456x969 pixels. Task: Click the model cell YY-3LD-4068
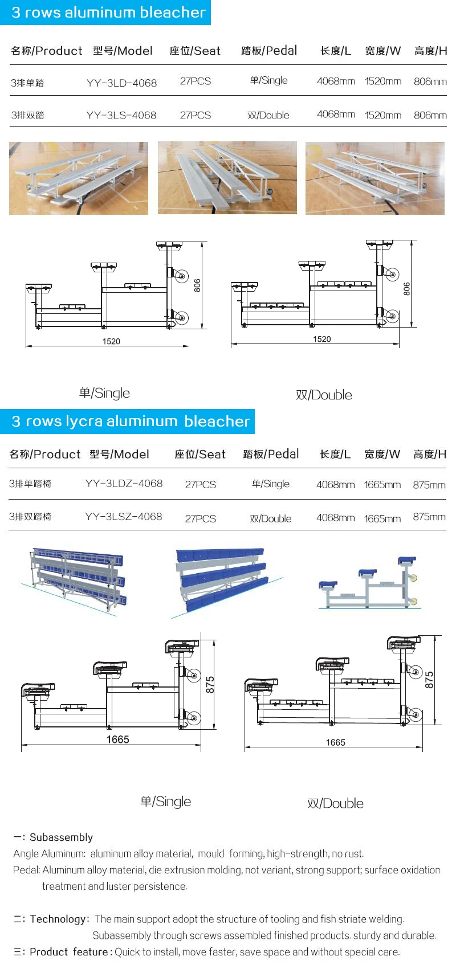pos(121,83)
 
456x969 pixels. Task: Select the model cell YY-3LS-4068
pos(121,115)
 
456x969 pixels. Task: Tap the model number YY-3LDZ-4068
pos(124,483)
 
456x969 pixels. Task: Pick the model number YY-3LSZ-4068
pos(124,517)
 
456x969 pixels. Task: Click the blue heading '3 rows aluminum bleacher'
pos(108,12)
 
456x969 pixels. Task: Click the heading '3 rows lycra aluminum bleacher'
pos(131,421)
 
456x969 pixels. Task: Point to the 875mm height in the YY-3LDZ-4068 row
pos(429,485)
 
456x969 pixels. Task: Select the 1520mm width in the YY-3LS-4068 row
pos(383,115)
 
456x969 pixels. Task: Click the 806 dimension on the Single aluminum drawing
pos(197,285)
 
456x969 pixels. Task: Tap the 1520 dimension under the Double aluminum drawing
pos(321,339)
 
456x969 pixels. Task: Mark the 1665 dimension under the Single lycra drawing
pos(118,739)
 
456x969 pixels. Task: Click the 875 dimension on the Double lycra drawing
pos(429,680)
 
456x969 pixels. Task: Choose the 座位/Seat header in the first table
pos(195,51)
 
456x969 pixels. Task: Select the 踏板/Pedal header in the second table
pos(271,454)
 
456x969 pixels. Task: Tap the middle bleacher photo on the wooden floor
pos(227,178)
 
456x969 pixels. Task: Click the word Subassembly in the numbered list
pos(61,837)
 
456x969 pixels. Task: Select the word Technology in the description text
pos(58,918)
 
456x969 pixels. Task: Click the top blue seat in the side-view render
pos(408,561)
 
